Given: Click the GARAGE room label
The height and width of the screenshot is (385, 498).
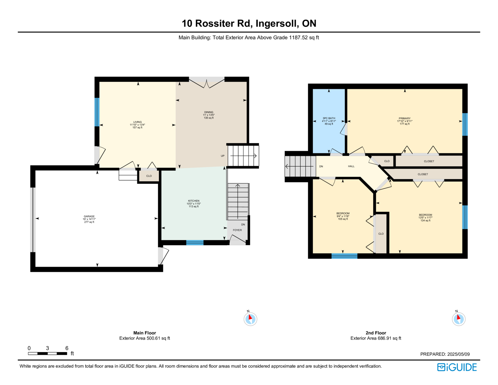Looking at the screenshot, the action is coord(89,216).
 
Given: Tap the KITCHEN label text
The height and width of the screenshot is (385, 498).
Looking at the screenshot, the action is coord(194,201).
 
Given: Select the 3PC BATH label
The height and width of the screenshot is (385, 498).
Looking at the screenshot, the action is coord(329,118).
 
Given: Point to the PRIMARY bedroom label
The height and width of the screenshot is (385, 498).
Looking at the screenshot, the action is coord(405,118).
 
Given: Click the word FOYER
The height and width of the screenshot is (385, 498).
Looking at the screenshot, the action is coord(237,230).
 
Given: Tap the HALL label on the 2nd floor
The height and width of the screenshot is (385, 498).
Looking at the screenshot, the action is coord(351,166).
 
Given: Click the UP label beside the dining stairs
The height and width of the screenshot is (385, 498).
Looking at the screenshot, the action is coord(223,156).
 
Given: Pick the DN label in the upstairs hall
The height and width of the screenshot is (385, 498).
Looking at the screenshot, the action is coord(321,166).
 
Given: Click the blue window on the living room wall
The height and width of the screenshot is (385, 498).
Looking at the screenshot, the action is coord(97,112).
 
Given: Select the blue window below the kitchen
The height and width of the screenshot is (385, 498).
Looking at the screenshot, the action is coord(195,243).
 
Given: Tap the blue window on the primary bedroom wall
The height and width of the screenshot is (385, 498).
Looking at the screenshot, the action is coord(465,124).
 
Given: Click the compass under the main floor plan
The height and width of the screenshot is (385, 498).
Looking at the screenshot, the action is coord(250,319).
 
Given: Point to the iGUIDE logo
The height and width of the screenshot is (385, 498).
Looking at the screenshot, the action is coord(457,367).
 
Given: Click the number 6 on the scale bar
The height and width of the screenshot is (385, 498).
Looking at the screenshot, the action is coord(67,348).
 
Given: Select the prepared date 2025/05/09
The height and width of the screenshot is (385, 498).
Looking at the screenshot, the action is coord(458,354).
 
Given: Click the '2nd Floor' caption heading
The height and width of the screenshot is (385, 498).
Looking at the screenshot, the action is coord(376,333).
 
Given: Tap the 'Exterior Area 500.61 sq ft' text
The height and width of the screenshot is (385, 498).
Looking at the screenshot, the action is coord(145,338).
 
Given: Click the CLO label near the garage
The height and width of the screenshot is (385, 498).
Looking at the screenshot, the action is coord(149,176).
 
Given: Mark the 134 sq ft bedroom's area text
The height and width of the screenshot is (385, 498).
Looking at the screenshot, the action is coord(425,220).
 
